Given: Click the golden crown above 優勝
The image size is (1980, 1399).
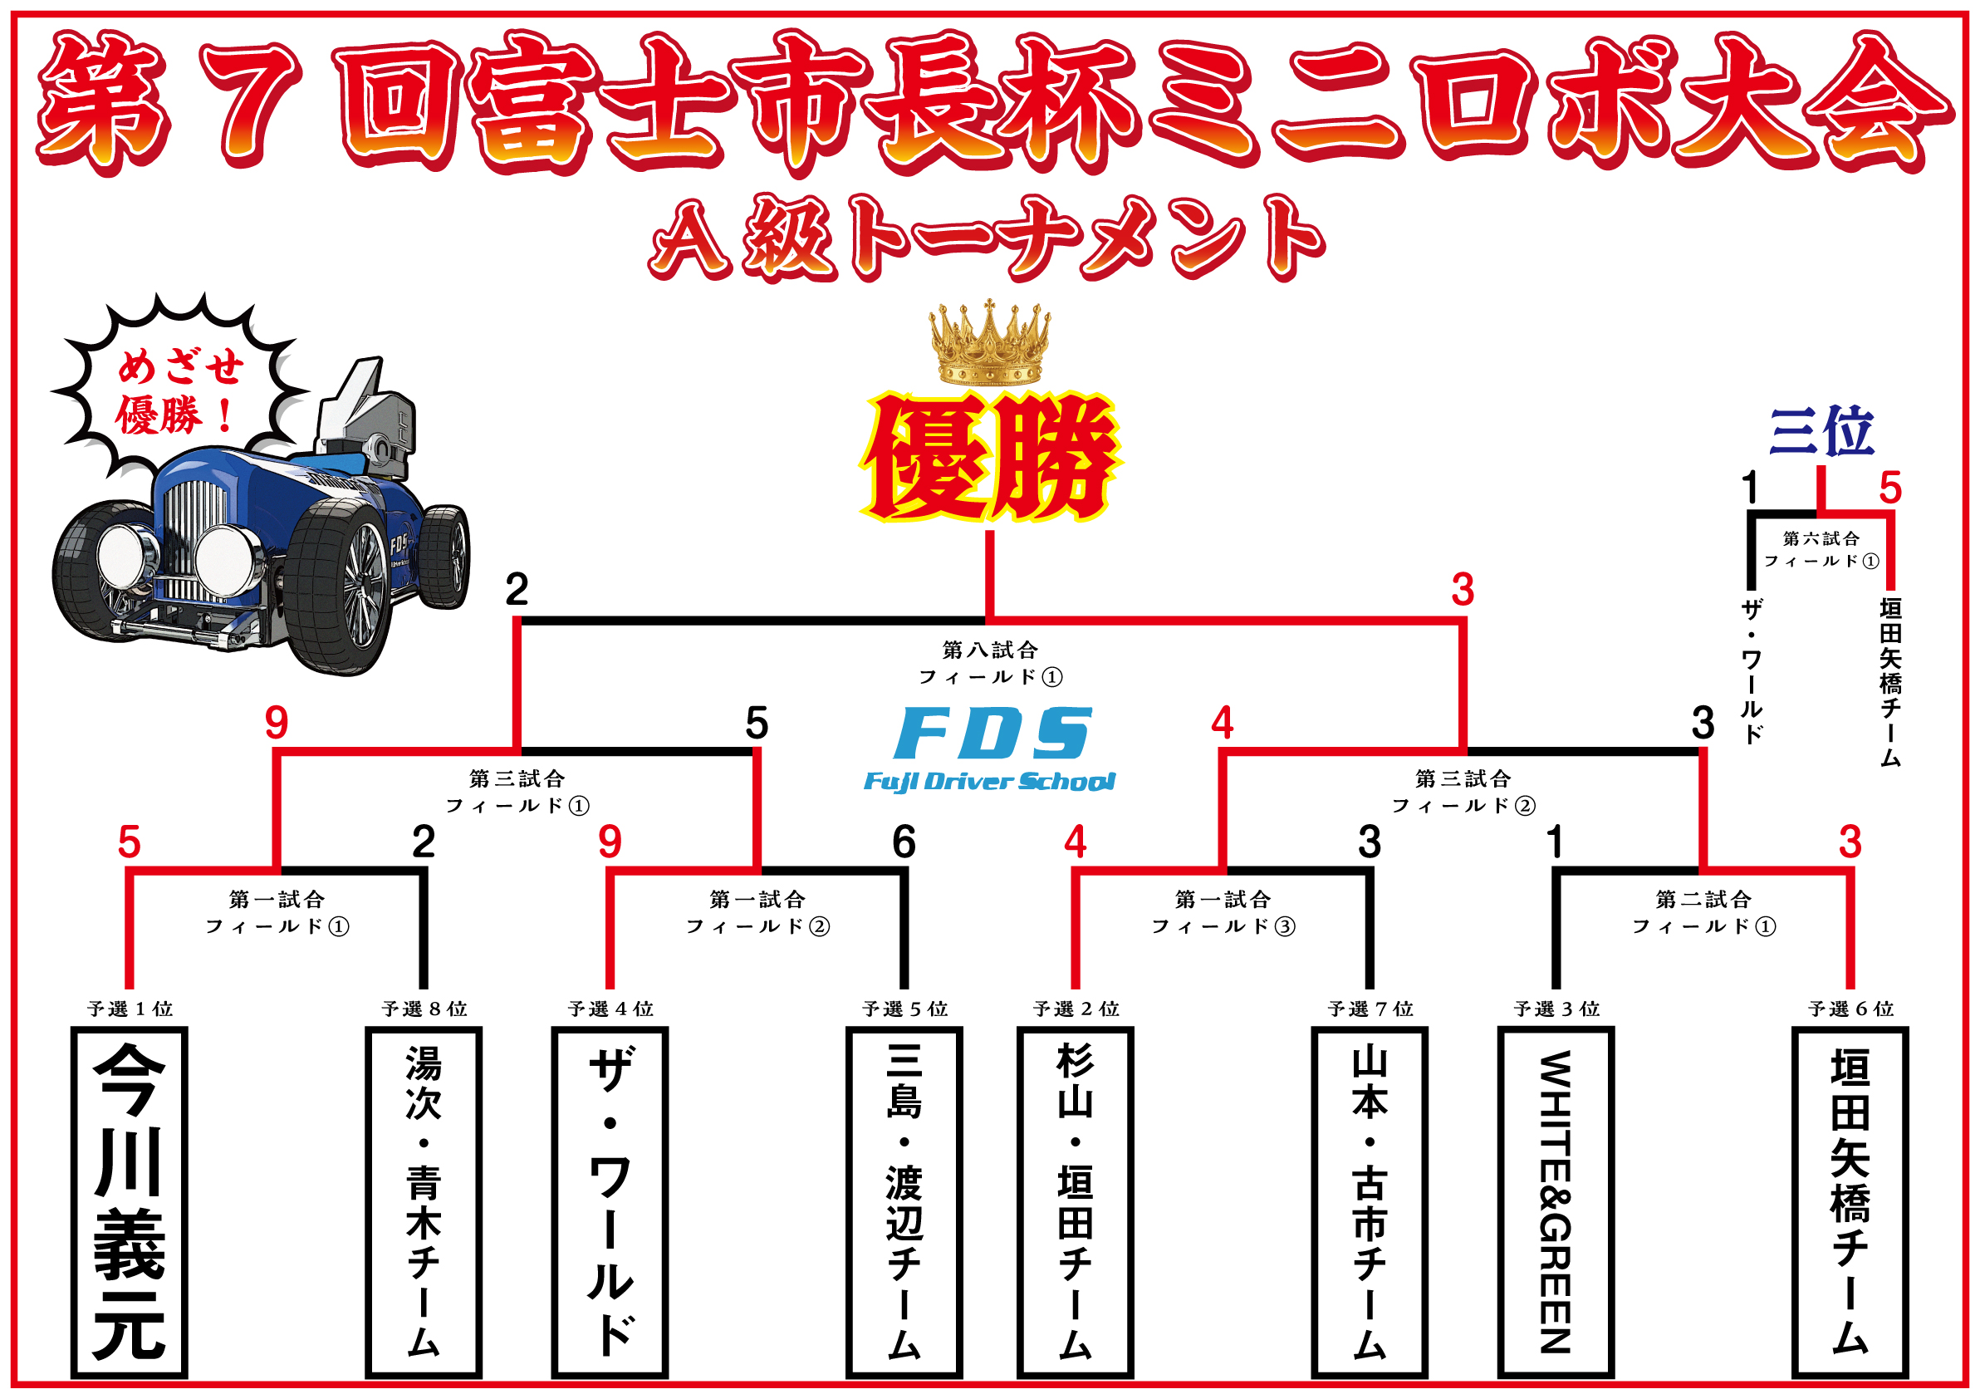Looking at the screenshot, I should (x=989, y=344).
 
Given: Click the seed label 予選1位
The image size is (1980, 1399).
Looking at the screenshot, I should (x=130, y=1009).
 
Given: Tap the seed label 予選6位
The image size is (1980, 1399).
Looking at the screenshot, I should (x=1850, y=1009).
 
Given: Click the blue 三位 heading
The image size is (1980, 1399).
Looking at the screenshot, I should (x=1821, y=430).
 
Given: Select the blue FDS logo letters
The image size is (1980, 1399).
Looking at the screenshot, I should (x=992, y=733).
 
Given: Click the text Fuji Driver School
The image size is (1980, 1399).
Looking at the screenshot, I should (x=989, y=782).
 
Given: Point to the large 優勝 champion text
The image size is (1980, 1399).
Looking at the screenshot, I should (x=990, y=458).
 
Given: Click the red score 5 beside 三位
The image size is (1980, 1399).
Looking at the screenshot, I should (x=1890, y=488).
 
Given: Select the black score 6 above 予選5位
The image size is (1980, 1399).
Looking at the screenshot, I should (x=903, y=842).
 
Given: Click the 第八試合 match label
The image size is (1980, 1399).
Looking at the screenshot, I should (x=989, y=650).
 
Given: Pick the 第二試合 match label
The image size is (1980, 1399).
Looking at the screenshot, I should (x=1703, y=900).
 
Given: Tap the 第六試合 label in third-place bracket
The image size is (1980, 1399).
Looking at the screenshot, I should (x=1821, y=538).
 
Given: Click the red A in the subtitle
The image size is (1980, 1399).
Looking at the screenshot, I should (x=690, y=239).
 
